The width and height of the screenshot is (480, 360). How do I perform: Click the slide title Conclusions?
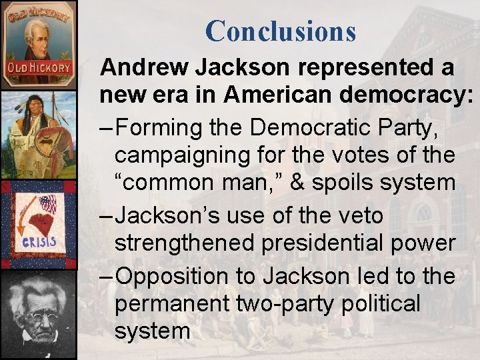[281, 31]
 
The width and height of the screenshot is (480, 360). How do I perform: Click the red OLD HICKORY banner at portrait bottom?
[39, 68]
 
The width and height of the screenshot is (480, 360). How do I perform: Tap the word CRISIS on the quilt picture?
[38, 241]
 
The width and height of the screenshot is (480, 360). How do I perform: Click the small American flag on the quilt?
[47, 203]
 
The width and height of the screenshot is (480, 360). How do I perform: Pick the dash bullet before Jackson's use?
[107, 215]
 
